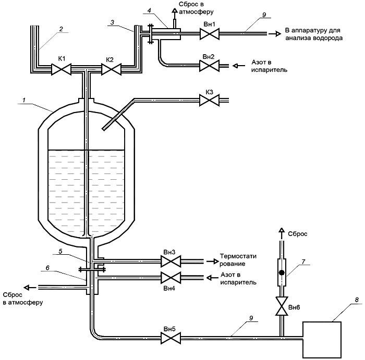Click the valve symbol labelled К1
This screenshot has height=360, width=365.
tap(61, 69)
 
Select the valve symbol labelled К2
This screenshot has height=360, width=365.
tap(111, 69)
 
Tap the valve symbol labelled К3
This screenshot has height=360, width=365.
tap(209, 100)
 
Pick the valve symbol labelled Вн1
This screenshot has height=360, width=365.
tap(210, 34)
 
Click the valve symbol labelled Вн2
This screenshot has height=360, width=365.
tap(209, 66)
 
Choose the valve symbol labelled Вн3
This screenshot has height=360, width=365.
tap(171, 262)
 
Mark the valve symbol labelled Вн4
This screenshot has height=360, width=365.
tap(171, 278)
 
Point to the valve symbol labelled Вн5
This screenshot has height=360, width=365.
tap(171, 338)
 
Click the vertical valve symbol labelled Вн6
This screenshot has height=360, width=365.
tap(282, 306)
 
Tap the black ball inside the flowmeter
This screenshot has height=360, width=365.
tap(282, 272)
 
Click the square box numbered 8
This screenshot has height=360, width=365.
tap(322, 340)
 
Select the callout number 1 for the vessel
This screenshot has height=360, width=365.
tap(24, 101)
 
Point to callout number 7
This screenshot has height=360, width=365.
tap(303, 262)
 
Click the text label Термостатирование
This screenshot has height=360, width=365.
tap(238, 260)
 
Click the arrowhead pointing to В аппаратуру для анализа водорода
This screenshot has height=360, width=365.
tap(278, 34)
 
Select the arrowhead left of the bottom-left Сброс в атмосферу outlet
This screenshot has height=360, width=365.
tap(27, 288)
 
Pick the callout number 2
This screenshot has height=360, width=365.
tap(61, 29)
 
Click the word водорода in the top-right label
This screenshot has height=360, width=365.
tap(328, 38)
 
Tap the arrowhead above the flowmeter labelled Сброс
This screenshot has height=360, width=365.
tap(282, 230)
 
